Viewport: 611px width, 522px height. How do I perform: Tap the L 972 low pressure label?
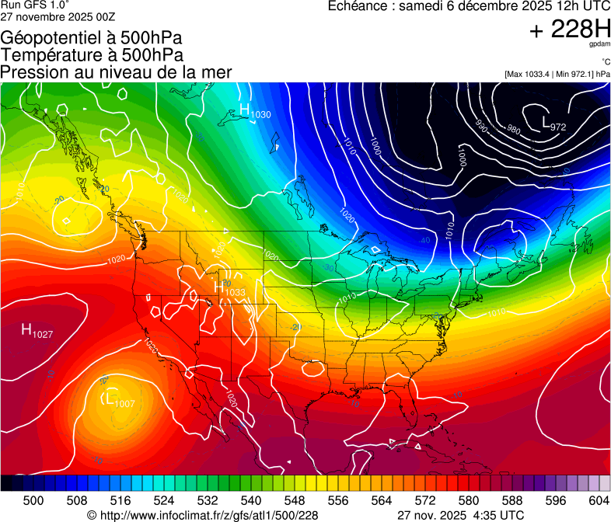[x=553, y=124]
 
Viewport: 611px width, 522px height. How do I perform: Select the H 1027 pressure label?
[x=37, y=332]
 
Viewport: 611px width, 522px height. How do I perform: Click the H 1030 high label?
[x=255, y=112]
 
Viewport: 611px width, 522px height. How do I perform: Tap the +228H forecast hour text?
[x=569, y=30]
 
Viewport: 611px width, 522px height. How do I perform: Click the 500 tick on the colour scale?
[x=33, y=500]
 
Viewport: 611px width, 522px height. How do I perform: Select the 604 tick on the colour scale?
[x=599, y=500]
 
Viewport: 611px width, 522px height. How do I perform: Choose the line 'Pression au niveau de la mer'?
[x=116, y=72]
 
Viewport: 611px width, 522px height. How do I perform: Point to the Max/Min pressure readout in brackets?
[x=557, y=74]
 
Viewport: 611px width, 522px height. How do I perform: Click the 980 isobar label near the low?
[x=513, y=129]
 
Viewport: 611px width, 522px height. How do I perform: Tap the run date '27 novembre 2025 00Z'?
[x=58, y=16]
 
